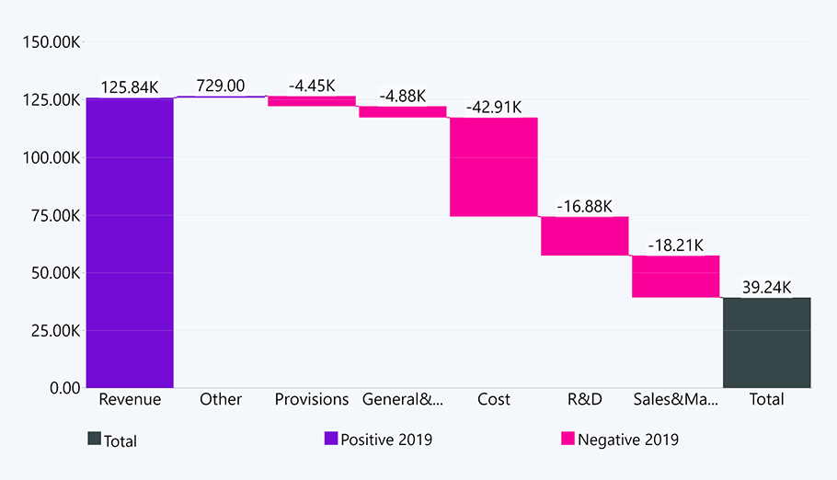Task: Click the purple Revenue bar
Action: [x=130, y=242]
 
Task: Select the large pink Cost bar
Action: [x=493, y=166]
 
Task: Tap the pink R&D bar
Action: [x=584, y=235]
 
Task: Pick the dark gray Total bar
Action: [x=766, y=342]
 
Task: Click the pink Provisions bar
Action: [x=311, y=101]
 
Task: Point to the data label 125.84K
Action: [x=129, y=87]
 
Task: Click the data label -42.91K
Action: [x=494, y=106]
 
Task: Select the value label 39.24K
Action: [x=766, y=287]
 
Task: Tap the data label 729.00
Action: [x=221, y=86]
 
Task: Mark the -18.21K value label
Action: [x=675, y=246]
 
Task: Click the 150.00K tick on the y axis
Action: [x=50, y=42]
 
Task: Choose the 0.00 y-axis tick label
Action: [x=64, y=387]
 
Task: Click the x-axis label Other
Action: [x=221, y=399]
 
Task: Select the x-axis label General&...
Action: [x=403, y=399]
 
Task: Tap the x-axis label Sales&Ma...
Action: [x=675, y=399]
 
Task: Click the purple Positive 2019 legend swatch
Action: [x=331, y=439]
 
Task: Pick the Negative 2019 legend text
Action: [x=628, y=440]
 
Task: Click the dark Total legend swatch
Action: [x=94, y=440]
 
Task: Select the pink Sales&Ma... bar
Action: [x=675, y=277]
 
